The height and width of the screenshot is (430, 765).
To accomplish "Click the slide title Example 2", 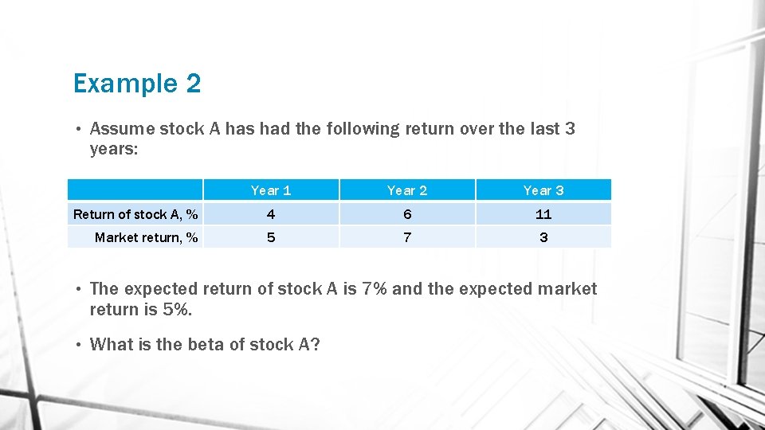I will click(136, 84).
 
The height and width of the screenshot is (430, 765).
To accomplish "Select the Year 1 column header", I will click(271, 190).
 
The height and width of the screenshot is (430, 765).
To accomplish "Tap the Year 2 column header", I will click(407, 190).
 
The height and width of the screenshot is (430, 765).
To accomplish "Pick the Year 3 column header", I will click(543, 190).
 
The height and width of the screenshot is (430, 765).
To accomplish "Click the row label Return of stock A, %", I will click(135, 214).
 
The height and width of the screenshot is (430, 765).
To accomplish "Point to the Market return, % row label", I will click(146, 237).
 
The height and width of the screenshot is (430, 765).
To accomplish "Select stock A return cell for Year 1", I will click(271, 214).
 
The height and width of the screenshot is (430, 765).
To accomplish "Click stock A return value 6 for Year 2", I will click(407, 214).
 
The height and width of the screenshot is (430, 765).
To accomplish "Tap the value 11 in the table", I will click(543, 214).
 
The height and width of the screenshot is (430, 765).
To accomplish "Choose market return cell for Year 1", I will click(271, 237).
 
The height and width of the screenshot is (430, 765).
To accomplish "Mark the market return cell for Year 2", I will click(407, 237).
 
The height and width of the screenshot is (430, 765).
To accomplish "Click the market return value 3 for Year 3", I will click(543, 237).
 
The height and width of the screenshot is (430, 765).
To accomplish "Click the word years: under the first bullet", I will click(115, 150).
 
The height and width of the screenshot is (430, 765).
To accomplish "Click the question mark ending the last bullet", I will click(315, 345).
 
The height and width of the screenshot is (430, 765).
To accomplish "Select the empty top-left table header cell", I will click(135, 190).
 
